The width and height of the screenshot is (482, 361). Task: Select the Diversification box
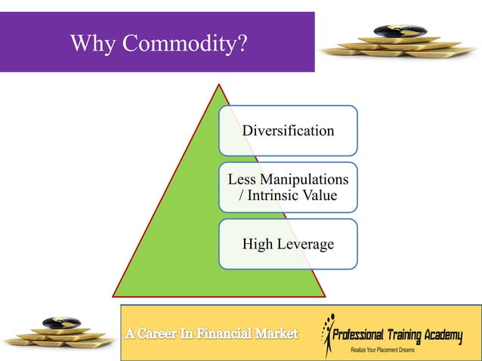click(288, 131)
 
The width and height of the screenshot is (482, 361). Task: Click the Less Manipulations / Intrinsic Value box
click(288, 187)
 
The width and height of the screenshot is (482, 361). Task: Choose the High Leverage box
click(288, 244)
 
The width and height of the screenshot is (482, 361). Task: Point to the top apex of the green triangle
click(219, 85)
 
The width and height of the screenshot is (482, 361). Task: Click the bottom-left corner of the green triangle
click(114, 295)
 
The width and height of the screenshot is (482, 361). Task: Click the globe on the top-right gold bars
click(391, 32)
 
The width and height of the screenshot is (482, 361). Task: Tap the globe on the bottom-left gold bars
click(57, 323)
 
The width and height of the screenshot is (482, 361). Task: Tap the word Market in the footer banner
click(277, 334)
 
